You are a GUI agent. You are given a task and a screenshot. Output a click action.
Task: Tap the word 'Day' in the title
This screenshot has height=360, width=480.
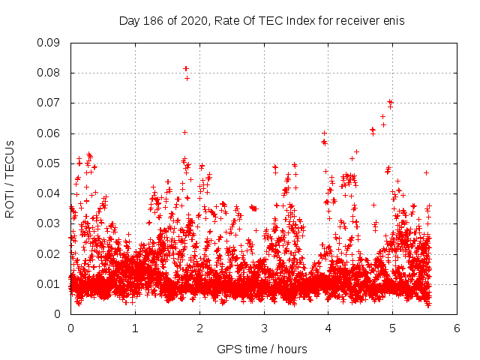[129, 21]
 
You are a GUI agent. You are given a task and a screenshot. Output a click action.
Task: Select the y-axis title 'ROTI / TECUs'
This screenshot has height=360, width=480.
[10, 178]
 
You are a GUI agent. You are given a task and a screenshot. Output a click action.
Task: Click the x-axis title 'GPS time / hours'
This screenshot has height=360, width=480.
[262, 349]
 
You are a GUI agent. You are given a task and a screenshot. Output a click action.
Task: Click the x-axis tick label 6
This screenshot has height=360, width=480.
[457, 328]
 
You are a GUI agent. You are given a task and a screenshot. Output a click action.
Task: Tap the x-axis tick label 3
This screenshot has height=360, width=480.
[264, 328]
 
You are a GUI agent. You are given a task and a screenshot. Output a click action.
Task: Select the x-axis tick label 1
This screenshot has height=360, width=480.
[135, 328]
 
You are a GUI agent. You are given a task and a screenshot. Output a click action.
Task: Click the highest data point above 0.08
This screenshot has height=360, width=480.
[186, 68]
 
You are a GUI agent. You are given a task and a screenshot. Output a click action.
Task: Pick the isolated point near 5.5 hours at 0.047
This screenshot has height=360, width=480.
[426, 172]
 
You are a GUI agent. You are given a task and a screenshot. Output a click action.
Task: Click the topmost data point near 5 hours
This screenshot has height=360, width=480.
[390, 102]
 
